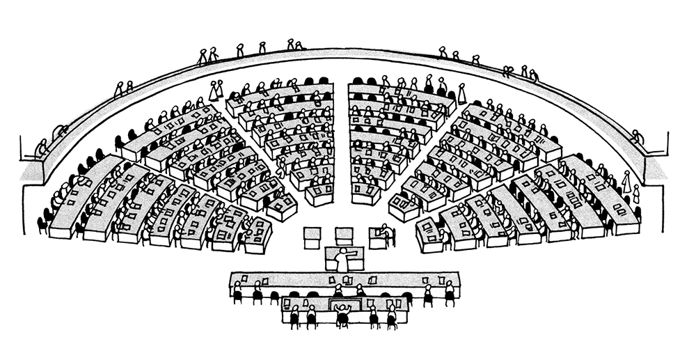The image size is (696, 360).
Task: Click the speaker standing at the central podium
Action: click(x=342, y=259)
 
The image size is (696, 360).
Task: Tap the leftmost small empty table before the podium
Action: click(x=311, y=236)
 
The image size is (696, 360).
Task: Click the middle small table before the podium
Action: click(x=344, y=236)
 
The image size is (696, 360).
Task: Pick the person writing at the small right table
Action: click(x=383, y=231)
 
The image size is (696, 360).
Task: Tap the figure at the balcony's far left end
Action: click(x=42, y=148)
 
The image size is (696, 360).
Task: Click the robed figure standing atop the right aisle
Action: click(x=461, y=93)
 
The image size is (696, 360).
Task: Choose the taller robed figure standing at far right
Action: click(x=626, y=182)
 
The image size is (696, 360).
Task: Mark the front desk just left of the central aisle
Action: click(x=319, y=194)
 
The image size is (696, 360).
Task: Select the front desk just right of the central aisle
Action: click(x=365, y=193)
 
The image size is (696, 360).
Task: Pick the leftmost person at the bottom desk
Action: click(x=294, y=315)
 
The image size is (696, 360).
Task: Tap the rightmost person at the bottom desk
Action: click(x=392, y=315)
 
